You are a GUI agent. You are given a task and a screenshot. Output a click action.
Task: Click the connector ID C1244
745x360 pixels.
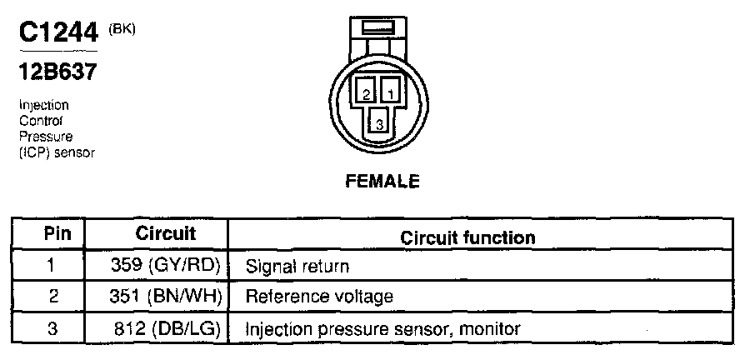click(59, 34)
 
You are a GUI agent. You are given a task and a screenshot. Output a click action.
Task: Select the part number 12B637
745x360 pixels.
click(57, 73)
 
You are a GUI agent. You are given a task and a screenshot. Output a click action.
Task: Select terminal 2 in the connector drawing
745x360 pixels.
click(364, 92)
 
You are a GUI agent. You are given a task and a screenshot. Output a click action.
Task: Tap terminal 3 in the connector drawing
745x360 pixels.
click(377, 121)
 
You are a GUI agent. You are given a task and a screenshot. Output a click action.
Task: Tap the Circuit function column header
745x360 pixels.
click(467, 237)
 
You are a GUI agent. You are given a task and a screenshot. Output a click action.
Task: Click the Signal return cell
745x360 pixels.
click(297, 267)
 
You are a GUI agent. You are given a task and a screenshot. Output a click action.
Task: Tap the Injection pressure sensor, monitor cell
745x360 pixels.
click(382, 328)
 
